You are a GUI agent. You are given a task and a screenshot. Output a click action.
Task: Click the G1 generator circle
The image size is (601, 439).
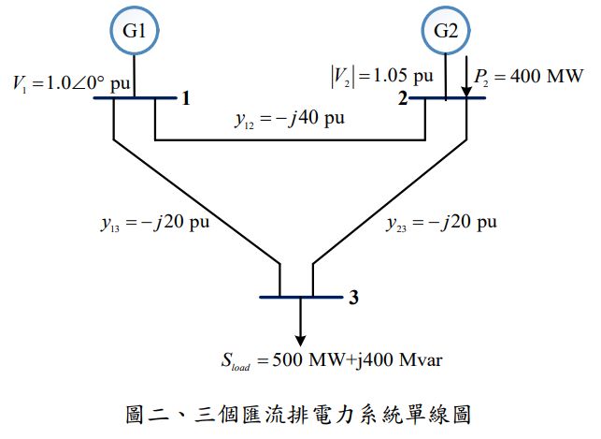click(x=136, y=31)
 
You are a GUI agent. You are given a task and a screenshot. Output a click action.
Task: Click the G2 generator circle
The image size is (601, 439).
click(x=446, y=31)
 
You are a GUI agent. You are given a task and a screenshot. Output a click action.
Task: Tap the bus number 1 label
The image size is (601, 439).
click(x=186, y=97)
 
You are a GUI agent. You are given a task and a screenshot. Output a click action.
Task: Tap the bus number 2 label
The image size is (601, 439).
click(x=402, y=97)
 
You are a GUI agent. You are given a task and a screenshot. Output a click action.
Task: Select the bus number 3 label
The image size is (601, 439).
click(x=353, y=299)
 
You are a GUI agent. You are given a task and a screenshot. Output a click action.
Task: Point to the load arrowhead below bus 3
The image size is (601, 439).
click(x=300, y=338)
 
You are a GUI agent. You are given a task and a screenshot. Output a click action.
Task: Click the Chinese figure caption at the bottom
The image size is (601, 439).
click(x=299, y=411)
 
